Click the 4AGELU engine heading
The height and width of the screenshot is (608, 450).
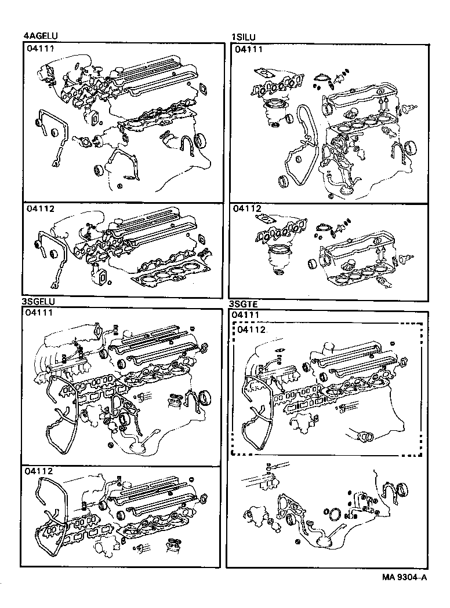click(x=41, y=36)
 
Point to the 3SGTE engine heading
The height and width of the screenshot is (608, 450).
click(x=245, y=303)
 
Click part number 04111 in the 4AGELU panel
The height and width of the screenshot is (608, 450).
click(x=40, y=50)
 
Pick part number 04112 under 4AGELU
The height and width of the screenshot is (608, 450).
click(x=40, y=209)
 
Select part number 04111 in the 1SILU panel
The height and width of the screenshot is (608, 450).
click(x=249, y=50)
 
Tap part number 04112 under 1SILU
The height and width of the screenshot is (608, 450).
click(x=248, y=209)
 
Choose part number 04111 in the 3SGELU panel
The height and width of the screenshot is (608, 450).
click(x=39, y=313)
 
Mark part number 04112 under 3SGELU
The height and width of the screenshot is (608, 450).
click(x=39, y=472)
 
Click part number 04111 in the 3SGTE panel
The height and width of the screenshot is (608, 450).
click(x=246, y=314)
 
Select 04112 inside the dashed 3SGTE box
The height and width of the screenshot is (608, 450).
click(x=252, y=329)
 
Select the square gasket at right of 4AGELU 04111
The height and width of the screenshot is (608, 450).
click(x=204, y=89)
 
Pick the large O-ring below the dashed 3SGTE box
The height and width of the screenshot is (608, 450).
click(x=335, y=517)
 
